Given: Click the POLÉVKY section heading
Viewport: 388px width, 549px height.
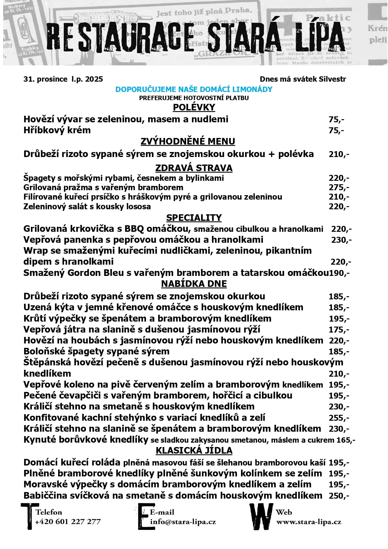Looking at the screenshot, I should (x=194, y=107).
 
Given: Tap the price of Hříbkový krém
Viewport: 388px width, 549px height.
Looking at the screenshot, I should (x=336, y=130).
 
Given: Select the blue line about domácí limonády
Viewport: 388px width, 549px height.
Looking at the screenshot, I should (x=194, y=89).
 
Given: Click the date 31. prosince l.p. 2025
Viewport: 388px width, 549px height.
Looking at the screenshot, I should (x=63, y=79).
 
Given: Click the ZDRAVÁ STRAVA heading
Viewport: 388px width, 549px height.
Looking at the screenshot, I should (x=194, y=168).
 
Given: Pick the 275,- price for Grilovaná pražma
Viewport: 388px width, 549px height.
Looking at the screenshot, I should (x=339, y=187).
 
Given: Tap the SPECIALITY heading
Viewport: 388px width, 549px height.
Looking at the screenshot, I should (x=194, y=218).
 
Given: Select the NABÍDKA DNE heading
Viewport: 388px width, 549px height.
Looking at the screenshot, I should (x=194, y=284).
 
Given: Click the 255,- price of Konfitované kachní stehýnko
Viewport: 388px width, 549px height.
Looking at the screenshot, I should (x=339, y=418).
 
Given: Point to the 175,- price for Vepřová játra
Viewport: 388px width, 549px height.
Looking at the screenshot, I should (x=339, y=330).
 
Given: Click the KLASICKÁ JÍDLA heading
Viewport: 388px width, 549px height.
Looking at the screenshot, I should (x=194, y=450).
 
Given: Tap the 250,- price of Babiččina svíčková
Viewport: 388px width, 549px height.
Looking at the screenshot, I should (x=339, y=496).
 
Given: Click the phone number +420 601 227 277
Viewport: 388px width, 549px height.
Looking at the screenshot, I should (x=68, y=522).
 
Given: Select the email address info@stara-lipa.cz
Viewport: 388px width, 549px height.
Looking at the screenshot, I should (x=183, y=522).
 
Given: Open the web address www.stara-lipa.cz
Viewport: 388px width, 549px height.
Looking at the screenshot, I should (x=309, y=522).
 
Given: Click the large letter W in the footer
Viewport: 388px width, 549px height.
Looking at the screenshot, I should (x=261, y=516).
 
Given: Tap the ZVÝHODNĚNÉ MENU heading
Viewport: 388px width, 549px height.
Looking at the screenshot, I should (x=188, y=141).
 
